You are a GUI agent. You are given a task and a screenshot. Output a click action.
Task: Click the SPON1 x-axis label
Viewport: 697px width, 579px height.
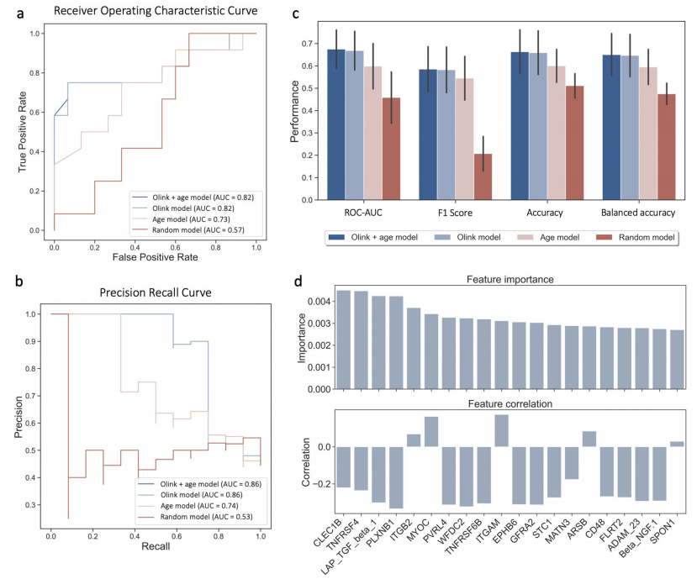pyautogui.click(x=678, y=507)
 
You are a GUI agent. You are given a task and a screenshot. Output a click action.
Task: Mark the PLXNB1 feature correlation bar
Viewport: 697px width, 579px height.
pyautogui.click(x=396, y=476)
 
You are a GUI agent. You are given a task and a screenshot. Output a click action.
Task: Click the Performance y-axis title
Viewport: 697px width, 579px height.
pyautogui.click(x=296, y=113)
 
